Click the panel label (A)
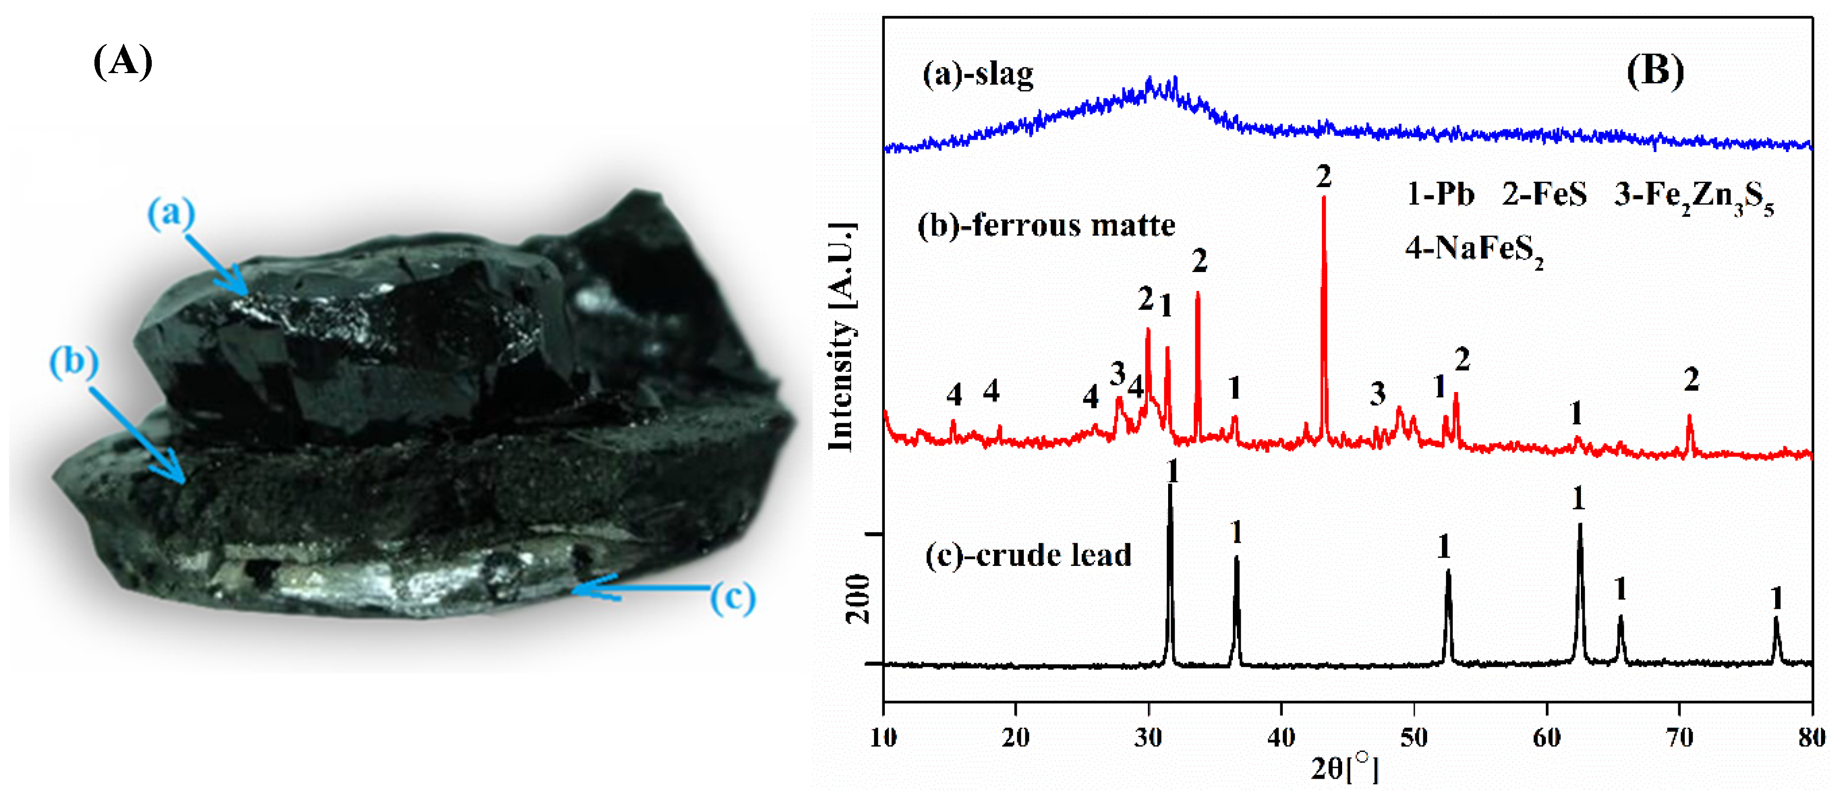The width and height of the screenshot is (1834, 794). point(123,61)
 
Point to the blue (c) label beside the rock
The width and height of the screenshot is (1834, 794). point(732,597)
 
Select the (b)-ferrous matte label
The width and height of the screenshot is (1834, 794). point(1046,226)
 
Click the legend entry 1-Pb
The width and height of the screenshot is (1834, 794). point(1440,194)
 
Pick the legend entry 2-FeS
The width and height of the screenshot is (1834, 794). point(1544,194)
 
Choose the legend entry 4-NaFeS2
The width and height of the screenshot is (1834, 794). point(1474,250)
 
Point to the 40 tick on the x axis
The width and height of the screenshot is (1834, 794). point(1281,738)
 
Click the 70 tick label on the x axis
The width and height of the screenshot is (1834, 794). point(1679,738)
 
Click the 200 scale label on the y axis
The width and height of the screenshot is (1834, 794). point(857,598)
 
